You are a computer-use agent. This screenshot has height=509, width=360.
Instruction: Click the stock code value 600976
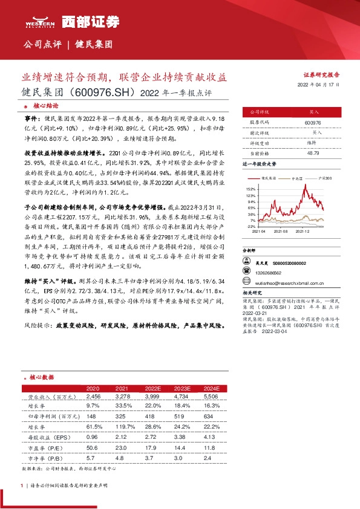click(x=313, y=123)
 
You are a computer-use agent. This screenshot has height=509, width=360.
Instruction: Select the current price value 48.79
click(x=313, y=153)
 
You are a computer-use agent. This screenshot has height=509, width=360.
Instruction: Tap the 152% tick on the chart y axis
click(x=251, y=189)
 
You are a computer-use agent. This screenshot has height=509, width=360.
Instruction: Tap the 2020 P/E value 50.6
click(x=93, y=447)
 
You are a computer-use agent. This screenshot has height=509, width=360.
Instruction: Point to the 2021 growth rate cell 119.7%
click(x=122, y=427)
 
